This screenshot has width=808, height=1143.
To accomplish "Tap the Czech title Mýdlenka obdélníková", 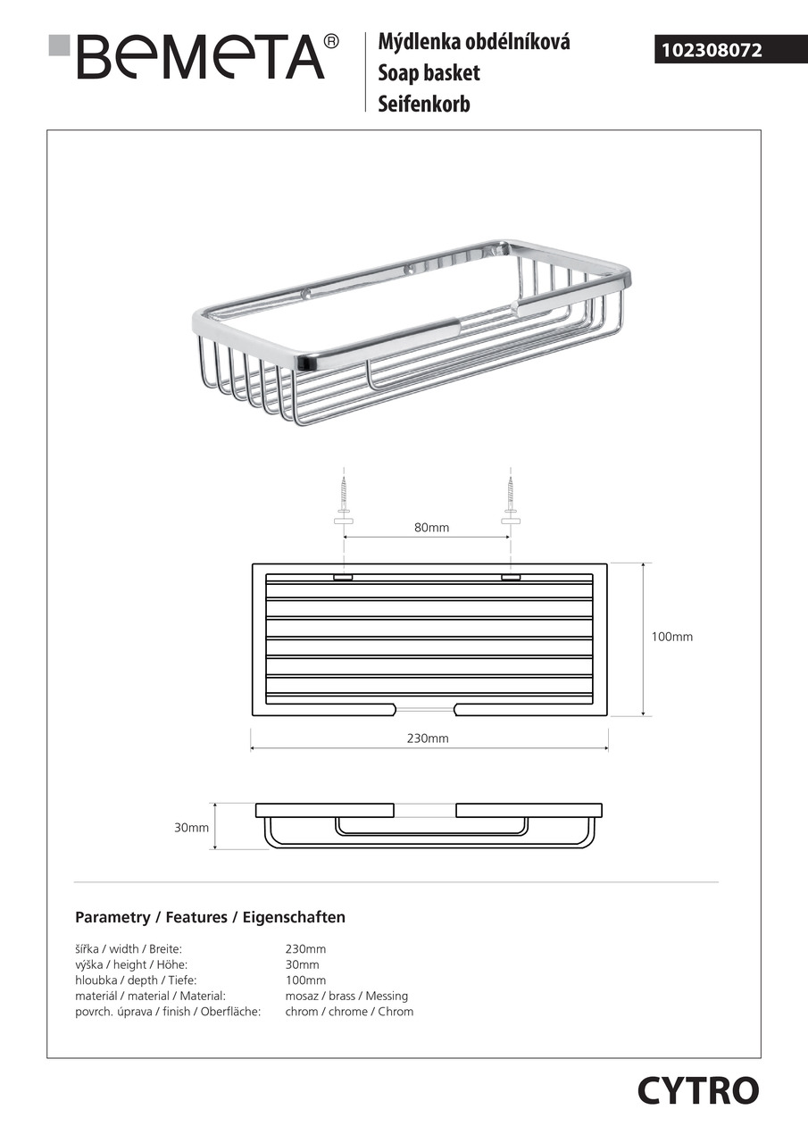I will pos(474,42).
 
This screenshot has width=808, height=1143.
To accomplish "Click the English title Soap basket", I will pos(429,73).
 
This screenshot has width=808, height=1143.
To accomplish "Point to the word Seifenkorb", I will pos(423,104).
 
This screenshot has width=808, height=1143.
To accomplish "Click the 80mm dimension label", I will pos(431,528).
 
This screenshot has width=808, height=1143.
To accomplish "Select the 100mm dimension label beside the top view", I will pos(671,637).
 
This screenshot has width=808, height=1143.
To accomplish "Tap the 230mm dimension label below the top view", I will pos(428,738).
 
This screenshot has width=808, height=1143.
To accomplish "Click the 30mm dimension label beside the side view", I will pos(191,828).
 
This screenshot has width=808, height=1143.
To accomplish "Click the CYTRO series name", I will pos(698,1090).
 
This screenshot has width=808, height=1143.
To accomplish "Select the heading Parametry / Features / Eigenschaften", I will pos(210,917).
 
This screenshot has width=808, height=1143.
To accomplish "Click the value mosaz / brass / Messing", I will pos(346,996).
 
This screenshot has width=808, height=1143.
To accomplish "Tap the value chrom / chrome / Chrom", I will pos(349,1012).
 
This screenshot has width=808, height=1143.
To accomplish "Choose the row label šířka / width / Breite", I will pos(129,949).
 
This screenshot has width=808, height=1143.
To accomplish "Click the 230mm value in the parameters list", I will pos(305,949).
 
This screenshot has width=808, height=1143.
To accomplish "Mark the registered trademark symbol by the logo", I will pos(331,41).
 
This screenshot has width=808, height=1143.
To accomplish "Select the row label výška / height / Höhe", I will pos(131,964).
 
